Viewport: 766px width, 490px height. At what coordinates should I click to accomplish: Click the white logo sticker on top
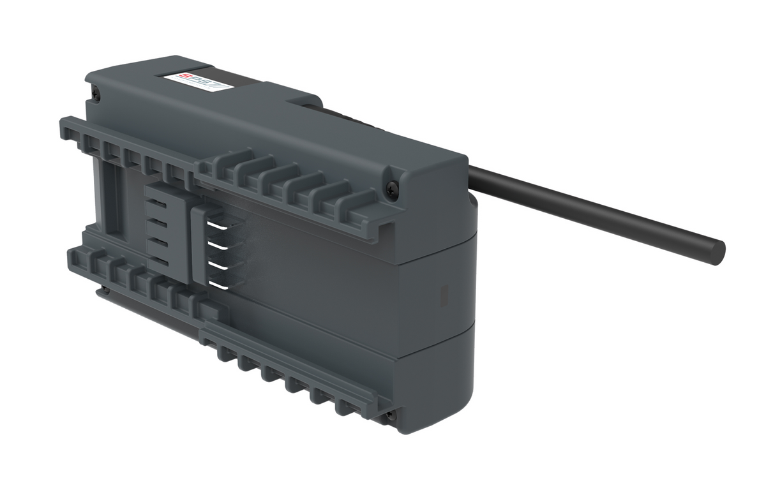click(x=191, y=82)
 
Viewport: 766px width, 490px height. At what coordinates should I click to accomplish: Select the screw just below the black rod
click(x=393, y=188)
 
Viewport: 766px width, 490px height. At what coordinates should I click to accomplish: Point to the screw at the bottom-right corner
click(x=389, y=415)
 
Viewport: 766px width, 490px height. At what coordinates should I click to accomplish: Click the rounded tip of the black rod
click(x=717, y=250)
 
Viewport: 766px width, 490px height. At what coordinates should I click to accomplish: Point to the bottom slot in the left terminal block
click(x=163, y=263)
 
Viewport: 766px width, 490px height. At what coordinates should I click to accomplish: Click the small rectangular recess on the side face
click(x=445, y=294)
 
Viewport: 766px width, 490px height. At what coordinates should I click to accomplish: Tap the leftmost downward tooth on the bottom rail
click(x=224, y=353)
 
